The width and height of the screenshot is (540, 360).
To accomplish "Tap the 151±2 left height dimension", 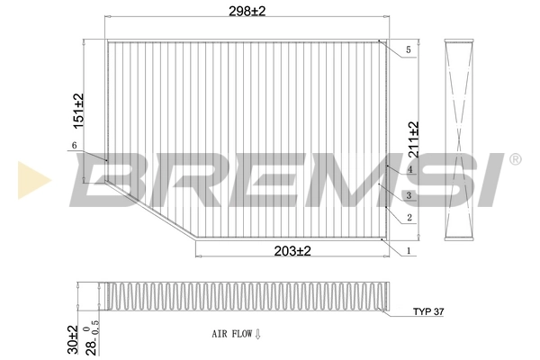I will click(x=78, y=111).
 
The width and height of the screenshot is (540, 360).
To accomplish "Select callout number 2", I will click(x=409, y=218).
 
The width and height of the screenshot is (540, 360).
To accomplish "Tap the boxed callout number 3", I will click(x=409, y=195).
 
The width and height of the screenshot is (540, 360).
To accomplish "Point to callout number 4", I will click(x=409, y=169).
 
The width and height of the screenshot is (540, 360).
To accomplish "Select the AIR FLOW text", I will click(x=230, y=334).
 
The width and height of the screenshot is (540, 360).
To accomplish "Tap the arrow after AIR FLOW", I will click(x=257, y=334).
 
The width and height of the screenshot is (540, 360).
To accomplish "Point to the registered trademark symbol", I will click(x=515, y=159).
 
